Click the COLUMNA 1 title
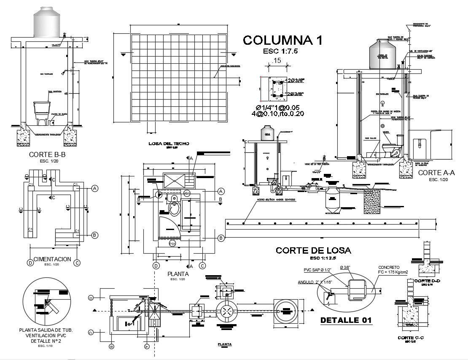(x=283, y=41)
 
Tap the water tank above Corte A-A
(x=383, y=54)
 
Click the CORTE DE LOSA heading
(x=313, y=250)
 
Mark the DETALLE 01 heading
(x=346, y=320)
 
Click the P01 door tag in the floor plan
(x=172, y=244)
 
